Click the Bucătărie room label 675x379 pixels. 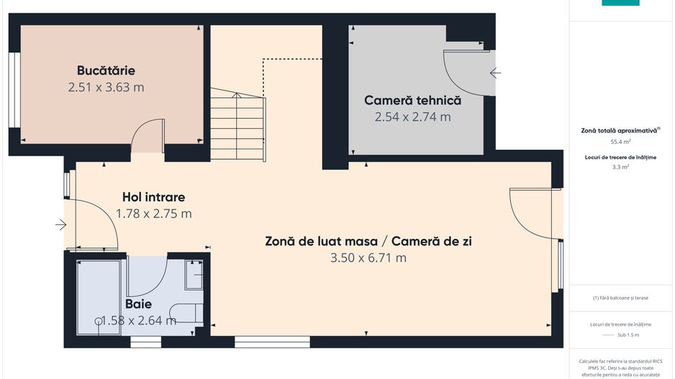(x=106, y=70)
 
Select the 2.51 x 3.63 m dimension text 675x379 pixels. (x=106, y=88)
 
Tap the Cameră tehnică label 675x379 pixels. (x=412, y=101)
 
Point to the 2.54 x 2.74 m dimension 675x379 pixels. (x=412, y=117)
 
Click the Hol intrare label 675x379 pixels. (x=153, y=197)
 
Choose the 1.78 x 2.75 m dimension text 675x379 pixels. (x=153, y=214)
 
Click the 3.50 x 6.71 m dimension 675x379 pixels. (x=368, y=257)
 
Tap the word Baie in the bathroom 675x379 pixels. (x=139, y=304)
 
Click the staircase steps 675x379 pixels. (x=238, y=125)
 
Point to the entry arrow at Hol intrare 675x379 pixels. (x=60, y=225)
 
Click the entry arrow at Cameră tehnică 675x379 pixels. (x=495, y=73)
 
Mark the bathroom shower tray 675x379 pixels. (x=99, y=296)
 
